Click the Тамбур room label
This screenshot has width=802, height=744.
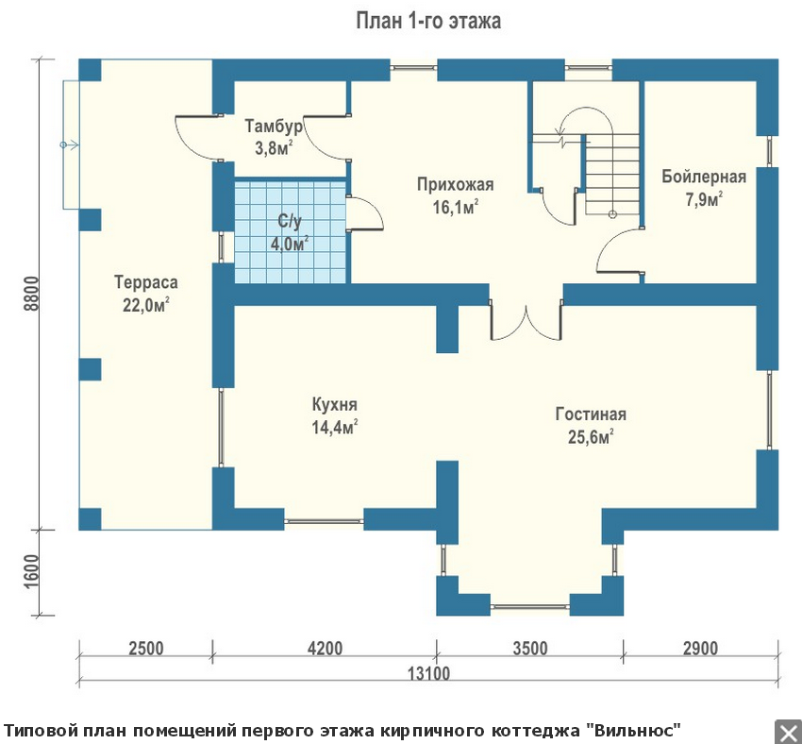pos(274,126)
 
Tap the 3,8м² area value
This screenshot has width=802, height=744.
pos(274,148)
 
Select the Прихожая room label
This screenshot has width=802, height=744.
pos(455,184)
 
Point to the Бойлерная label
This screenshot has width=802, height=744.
pos(704,177)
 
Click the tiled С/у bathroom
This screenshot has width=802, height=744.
pos(290,230)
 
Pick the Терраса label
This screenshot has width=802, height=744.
pos(145,282)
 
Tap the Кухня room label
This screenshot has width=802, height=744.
pos(335,405)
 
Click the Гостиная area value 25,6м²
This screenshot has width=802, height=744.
pos(591,437)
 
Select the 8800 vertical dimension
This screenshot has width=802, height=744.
pos(31,294)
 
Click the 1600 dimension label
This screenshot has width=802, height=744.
pos(31,571)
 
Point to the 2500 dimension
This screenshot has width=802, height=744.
pos(145,649)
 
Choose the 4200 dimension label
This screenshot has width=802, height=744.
pos(325,649)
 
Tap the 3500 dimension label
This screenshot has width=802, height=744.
pos(530,649)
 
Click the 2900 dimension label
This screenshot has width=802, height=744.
pos(701,649)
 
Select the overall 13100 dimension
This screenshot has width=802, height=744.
pos(428,673)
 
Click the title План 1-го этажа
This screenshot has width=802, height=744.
pos(428,21)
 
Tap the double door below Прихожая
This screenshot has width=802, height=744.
pos(526,321)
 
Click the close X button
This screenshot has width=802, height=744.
pos(788,732)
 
